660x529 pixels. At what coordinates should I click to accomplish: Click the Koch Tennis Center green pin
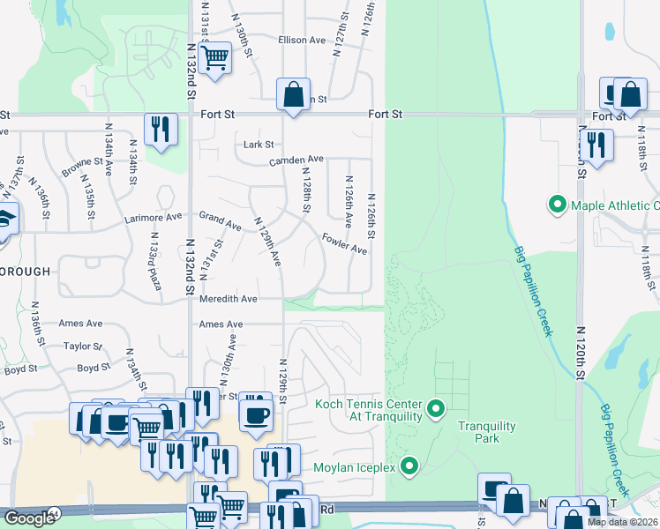pyautogui.click(x=435, y=408)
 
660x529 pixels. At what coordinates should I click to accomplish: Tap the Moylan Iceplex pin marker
pyautogui.click(x=409, y=465)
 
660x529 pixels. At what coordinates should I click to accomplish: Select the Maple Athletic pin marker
pyautogui.click(x=558, y=205)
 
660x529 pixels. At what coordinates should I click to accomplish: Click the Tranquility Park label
pyautogui.click(x=486, y=432)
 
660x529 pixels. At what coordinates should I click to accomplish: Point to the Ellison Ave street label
pyautogui.click(x=303, y=41)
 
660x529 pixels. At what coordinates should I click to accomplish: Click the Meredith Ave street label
pyautogui.click(x=228, y=300)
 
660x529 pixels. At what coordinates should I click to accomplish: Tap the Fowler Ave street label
pyautogui.click(x=344, y=244)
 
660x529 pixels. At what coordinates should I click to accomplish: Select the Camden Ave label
pyautogui.click(x=296, y=160)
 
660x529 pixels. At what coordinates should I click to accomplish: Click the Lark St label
pyautogui.click(x=259, y=145)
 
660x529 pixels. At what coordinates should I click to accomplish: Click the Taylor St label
pyautogui.click(x=84, y=346)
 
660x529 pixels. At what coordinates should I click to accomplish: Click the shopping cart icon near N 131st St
pyautogui.click(x=214, y=59)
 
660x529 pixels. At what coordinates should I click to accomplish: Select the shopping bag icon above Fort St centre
pyautogui.click(x=292, y=93)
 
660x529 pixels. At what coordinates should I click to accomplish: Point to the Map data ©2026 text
pyautogui.click(x=623, y=522)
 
